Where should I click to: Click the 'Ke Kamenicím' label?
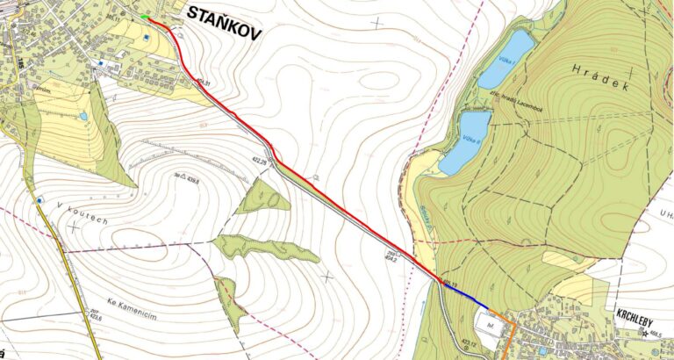tap(129, 299)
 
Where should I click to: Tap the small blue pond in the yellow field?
tap(83, 116)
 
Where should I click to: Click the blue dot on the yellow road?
tap(39, 200)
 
